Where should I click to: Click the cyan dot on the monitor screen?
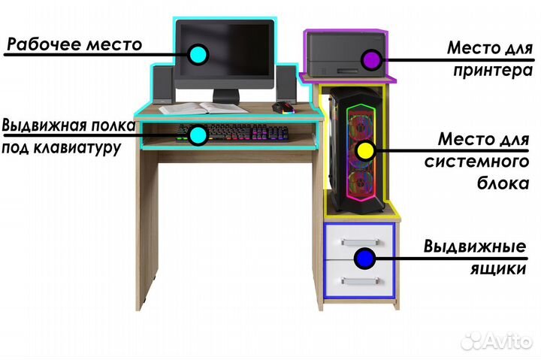click(x=198, y=53)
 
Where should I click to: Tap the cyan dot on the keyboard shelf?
click(x=198, y=135)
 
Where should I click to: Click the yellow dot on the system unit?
click(x=364, y=149)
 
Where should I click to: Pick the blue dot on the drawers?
click(x=364, y=259)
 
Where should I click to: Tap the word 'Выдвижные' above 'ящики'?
click(x=473, y=247)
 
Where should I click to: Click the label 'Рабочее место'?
click(x=74, y=44)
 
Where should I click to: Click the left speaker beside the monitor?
click(x=163, y=84)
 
